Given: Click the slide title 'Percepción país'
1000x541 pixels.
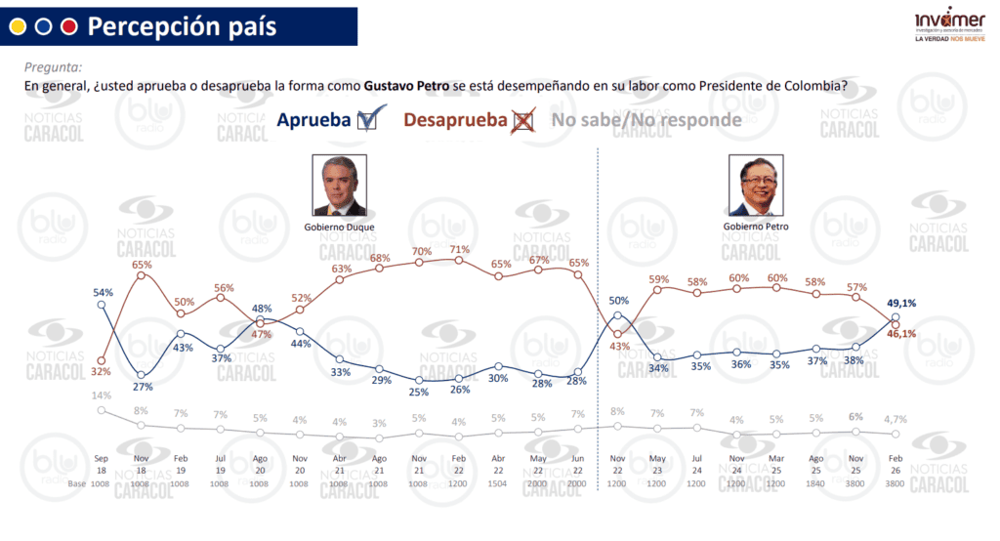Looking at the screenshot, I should point(182,26).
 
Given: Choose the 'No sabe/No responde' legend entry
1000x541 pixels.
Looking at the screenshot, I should point(646,120).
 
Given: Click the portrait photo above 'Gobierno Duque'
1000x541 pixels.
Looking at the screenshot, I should point(338,186).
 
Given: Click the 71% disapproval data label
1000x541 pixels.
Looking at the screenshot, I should point(459,249).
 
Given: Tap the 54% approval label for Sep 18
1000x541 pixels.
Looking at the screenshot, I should point(103,292).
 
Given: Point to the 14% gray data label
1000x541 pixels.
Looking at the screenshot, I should point(102,395).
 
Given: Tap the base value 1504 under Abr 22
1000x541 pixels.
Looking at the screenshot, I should point(499,482).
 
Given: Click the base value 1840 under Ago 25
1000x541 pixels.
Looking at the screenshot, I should point(817,482).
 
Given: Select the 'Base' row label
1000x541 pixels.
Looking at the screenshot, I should point(76,482).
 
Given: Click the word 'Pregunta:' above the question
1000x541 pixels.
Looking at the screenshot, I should point(53,67).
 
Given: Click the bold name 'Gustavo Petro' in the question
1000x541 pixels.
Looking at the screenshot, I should point(406,86).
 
